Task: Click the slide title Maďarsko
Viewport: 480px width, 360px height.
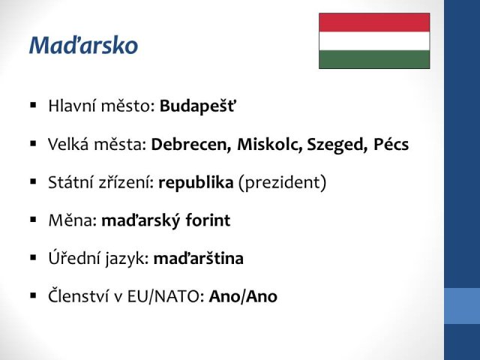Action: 83,45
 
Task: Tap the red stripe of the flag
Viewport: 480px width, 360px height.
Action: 374,22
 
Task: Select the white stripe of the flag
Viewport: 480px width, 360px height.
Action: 374,41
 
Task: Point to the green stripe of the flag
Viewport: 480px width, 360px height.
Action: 374,59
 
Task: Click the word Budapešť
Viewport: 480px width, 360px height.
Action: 198,106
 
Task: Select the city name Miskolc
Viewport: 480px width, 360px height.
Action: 270,144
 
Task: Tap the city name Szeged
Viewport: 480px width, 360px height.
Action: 337,145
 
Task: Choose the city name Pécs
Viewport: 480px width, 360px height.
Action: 391,144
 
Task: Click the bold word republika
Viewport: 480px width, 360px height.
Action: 196,183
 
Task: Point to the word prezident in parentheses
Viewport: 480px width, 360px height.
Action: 282,183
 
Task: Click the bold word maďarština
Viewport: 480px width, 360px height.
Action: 198,258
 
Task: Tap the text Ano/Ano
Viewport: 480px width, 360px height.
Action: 243,296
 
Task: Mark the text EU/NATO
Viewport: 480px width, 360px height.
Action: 163,297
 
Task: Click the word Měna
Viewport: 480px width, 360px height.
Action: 73,220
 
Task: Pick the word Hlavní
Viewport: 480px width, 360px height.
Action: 72,106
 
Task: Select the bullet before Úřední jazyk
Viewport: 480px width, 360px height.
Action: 33,258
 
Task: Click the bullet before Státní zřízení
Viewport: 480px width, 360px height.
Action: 33,181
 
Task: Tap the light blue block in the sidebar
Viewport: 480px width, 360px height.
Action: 462,306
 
